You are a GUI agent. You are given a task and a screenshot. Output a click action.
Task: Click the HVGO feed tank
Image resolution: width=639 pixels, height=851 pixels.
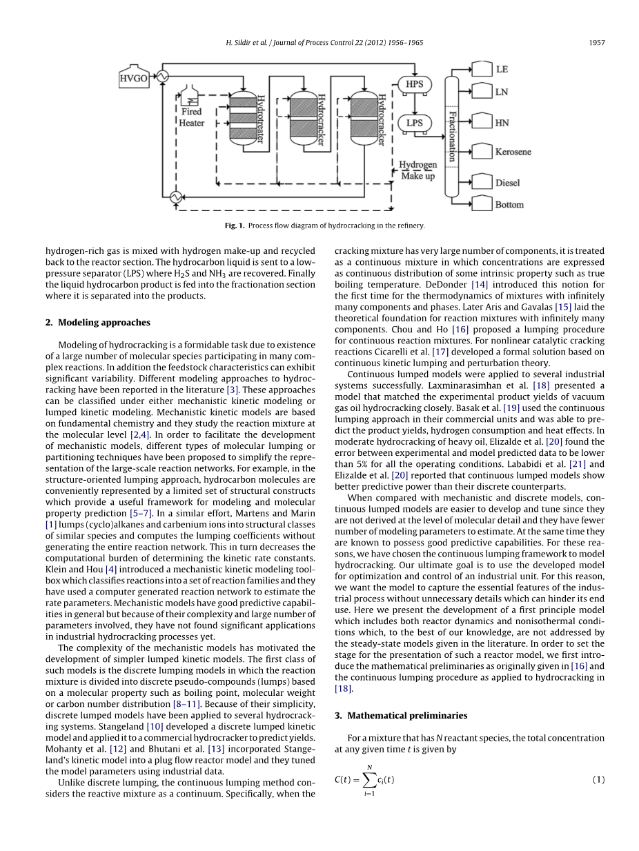134,77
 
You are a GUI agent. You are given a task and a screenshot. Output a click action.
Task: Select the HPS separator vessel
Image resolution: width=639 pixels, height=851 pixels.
414,85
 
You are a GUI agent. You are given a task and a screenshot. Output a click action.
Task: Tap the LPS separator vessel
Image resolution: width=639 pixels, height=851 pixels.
414,123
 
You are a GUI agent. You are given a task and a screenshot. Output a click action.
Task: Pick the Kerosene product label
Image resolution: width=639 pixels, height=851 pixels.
513,152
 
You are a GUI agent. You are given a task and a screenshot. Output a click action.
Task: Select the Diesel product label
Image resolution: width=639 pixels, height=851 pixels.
507,183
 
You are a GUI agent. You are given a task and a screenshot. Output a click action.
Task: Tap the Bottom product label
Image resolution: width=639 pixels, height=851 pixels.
509,205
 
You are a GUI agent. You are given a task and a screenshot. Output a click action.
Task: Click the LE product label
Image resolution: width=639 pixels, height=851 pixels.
502,70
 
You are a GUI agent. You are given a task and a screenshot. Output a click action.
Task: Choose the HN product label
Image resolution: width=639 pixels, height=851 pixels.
502,123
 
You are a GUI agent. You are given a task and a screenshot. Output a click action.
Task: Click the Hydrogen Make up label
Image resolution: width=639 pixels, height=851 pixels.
418,170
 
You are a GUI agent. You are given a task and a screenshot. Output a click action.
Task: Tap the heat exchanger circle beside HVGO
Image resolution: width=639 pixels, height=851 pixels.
163,77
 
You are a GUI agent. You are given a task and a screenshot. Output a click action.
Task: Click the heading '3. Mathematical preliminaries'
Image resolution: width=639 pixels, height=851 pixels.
400,715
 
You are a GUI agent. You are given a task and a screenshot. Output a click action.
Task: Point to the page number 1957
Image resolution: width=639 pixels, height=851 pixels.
596,43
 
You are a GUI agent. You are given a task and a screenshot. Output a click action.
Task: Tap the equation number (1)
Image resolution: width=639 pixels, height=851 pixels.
598,780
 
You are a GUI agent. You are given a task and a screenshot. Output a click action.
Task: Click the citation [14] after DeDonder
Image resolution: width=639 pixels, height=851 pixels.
480,285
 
